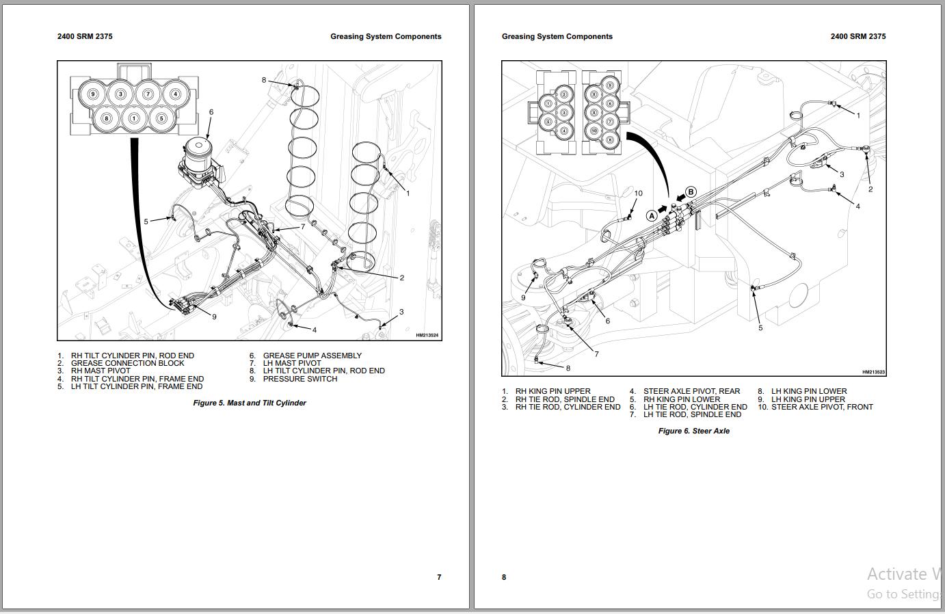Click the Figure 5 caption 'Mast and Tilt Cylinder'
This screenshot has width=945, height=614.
[250, 403]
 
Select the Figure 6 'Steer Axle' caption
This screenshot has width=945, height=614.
[693, 431]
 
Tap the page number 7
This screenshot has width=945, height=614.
[439, 577]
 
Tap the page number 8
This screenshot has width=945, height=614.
[504, 577]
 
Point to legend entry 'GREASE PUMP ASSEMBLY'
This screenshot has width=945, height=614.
[312, 356]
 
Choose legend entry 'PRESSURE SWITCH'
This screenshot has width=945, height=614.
[300, 379]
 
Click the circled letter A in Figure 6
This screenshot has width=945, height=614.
[652, 215]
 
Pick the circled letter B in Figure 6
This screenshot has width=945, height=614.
[691, 192]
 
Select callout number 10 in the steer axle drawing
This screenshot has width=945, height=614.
[638, 193]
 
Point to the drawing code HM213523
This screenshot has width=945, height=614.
[873, 372]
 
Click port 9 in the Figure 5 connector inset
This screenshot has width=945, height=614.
[94, 94]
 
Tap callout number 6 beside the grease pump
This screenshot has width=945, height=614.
[211, 112]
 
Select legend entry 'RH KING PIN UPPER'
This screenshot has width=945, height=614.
[553, 392]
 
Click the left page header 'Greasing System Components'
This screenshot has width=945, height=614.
[386, 37]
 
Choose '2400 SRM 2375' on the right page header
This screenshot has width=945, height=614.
[857, 37]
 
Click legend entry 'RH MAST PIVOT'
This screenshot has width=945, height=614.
[101, 371]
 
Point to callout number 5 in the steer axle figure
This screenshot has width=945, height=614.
[760, 328]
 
